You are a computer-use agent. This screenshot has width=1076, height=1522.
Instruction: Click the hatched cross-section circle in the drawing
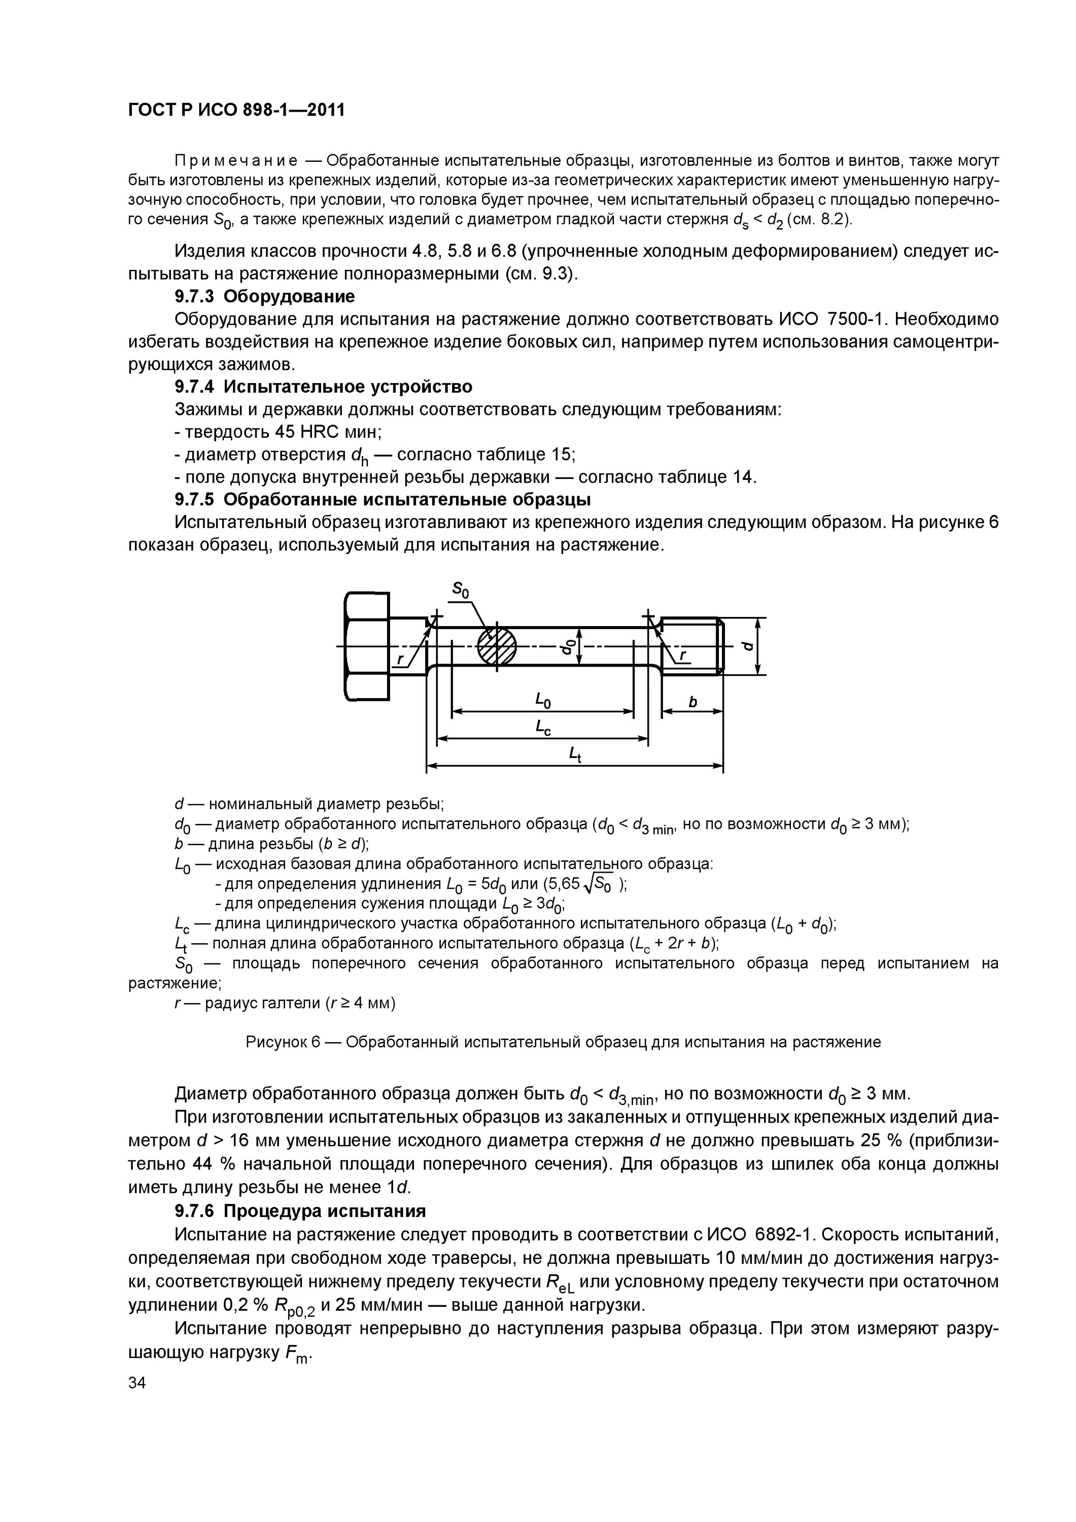tap(497, 646)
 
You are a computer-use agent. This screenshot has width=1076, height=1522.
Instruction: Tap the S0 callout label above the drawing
tap(460, 590)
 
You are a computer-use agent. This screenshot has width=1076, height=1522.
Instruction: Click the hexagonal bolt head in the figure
tap(367, 646)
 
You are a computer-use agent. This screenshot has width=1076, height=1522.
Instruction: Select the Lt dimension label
tap(575, 754)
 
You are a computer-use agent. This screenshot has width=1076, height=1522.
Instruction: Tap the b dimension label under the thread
tap(693, 701)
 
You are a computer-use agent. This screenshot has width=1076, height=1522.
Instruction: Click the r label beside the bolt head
tap(400, 660)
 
